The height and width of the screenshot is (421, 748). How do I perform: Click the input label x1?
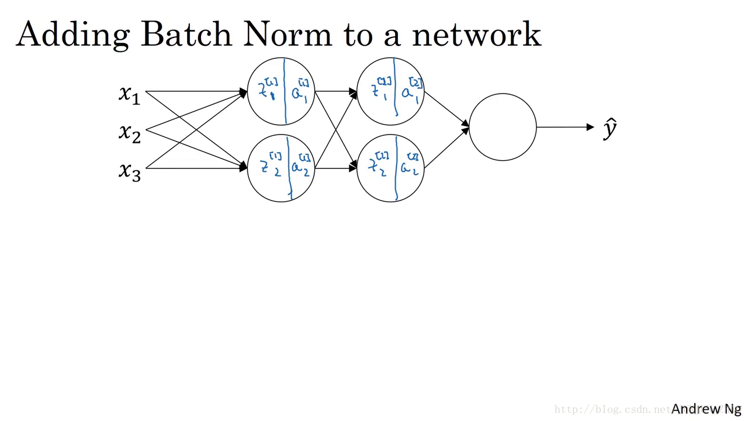(x=130, y=94)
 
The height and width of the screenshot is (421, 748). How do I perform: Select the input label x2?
(x=130, y=133)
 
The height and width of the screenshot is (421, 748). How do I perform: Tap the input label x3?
(x=130, y=171)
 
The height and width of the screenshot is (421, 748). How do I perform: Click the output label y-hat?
(x=610, y=128)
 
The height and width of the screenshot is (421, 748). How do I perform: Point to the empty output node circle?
(x=503, y=127)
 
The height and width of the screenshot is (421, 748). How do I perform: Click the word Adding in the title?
(x=72, y=35)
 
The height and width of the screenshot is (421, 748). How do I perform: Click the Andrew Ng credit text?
(x=706, y=409)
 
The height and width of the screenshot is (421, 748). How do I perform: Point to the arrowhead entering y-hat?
(x=590, y=127)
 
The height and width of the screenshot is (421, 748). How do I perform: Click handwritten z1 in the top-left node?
(x=268, y=91)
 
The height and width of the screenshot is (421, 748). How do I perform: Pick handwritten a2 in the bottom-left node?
(x=300, y=167)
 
